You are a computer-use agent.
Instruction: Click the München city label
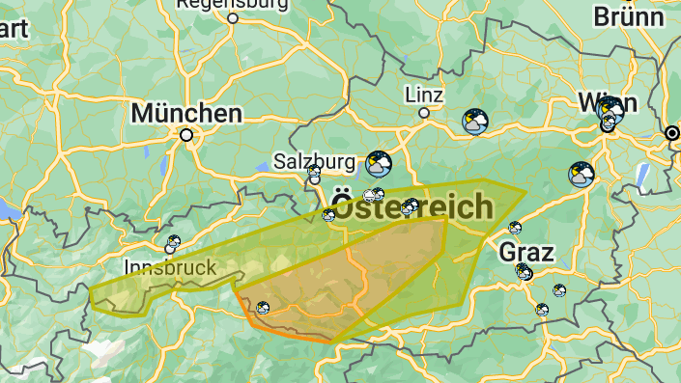[x=186, y=113]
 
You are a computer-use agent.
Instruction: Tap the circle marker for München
[x=186, y=136]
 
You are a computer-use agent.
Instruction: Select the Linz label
[x=424, y=95]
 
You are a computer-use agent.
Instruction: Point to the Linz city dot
[x=423, y=113]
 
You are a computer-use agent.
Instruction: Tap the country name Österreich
[x=411, y=205]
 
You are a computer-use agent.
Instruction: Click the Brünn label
[x=629, y=16]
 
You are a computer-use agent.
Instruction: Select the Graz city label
[x=526, y=253]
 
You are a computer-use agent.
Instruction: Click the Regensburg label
[x=232, y=4]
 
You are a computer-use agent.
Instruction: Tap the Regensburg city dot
[x=233, y=17]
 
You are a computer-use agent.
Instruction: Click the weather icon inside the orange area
[x=262, y=308]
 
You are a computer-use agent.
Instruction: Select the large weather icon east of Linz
[x=474, y=122]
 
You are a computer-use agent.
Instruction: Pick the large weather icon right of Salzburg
[x=379, y=163]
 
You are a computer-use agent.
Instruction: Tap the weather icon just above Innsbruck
[x=174, y=242]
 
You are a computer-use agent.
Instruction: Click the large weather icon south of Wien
[x=582, y=175]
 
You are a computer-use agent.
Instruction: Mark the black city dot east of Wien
[x=672, y=132]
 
